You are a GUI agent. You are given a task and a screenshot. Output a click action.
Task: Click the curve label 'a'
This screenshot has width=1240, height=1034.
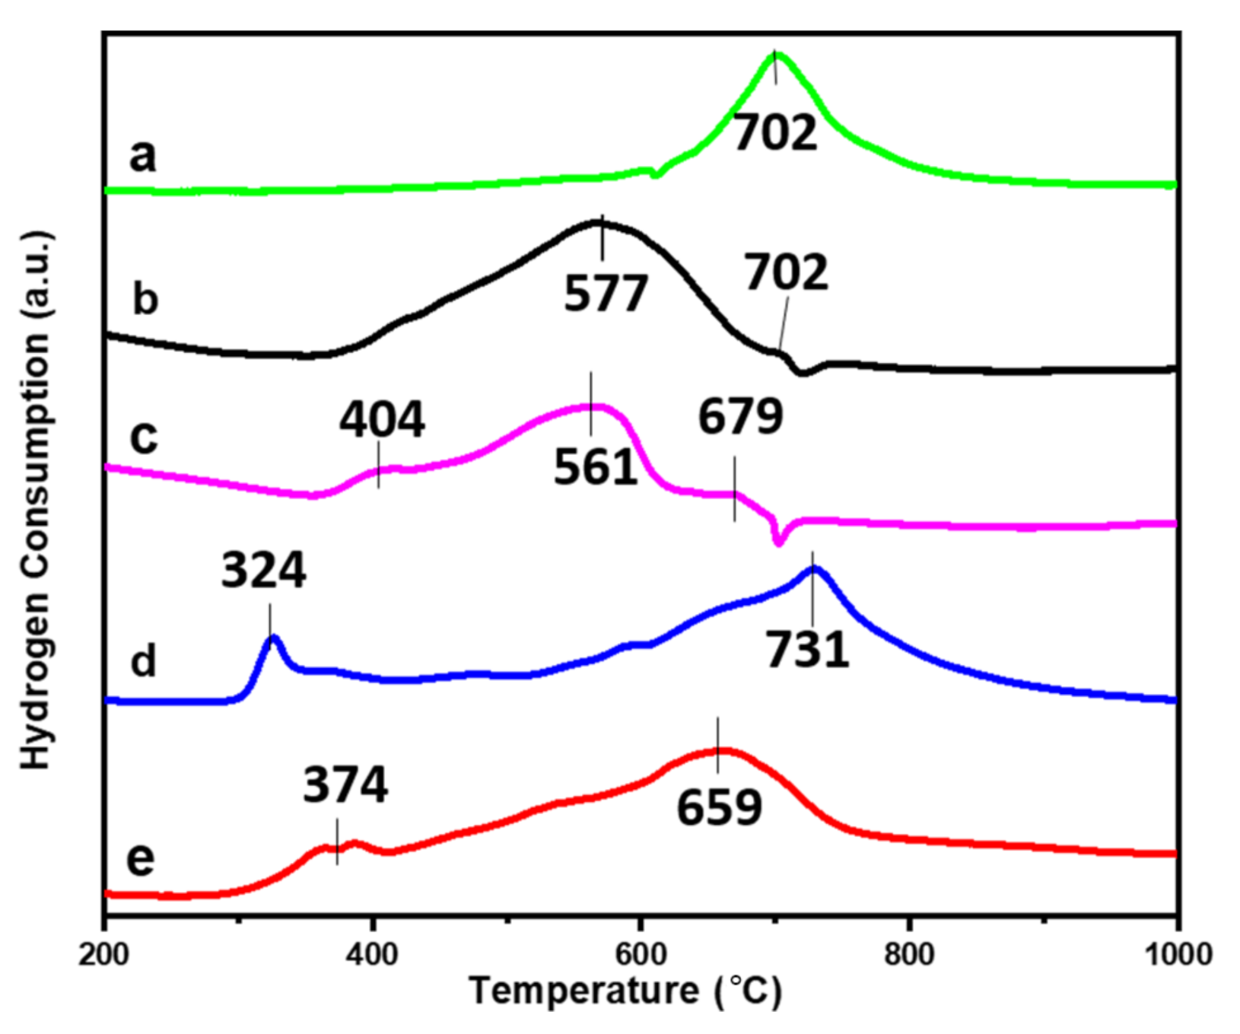coord(143,156)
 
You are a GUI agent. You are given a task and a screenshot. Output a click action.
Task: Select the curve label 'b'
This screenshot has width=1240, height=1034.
coord(145,298)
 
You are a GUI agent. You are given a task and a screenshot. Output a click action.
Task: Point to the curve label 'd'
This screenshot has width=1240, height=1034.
coord(143,660)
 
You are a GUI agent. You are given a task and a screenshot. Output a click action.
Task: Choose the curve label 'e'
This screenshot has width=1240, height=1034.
coord(141,858)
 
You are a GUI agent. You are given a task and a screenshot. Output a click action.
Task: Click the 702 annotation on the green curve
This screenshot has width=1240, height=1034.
coord(774,132)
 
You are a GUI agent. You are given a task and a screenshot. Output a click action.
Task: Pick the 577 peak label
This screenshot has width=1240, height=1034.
coord(606,294)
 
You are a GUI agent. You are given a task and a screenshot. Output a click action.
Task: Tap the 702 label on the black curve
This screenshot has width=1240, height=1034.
coord(786,273)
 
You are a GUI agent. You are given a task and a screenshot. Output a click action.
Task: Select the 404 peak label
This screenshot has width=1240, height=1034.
coord(382,420)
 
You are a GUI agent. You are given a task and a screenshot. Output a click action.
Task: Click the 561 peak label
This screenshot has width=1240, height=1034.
coord(595,467)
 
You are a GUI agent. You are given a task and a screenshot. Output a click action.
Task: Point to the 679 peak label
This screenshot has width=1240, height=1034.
coord(740,416)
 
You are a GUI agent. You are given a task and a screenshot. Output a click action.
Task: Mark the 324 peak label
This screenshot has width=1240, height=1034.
coord(263,571)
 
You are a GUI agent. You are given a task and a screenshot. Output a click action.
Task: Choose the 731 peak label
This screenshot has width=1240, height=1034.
coord(807,651)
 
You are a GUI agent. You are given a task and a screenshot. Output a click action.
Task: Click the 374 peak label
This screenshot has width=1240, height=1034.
coord(345,785)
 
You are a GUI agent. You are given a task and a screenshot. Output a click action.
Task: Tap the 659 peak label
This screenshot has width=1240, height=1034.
coord(719,808)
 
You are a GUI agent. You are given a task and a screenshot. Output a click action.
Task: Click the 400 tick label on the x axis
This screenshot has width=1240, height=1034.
coord(373,953)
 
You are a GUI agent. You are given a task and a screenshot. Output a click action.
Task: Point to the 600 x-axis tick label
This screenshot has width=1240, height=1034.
coord(641,953)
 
